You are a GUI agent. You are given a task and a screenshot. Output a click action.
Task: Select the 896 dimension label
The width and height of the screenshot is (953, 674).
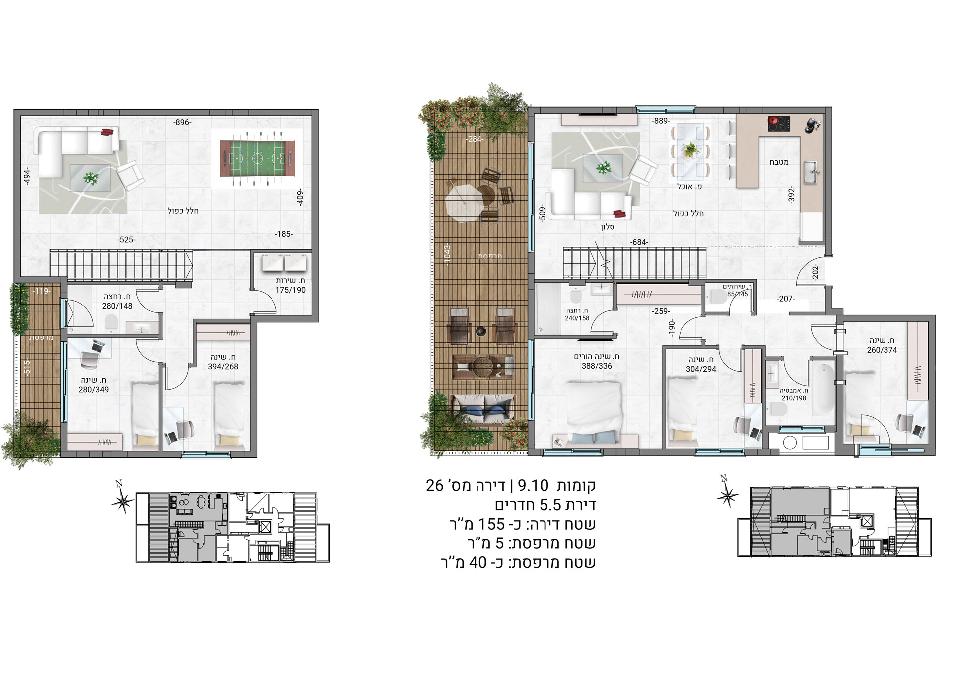[182, 122]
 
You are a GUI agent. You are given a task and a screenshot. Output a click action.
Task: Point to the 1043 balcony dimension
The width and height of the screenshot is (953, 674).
[447, 255]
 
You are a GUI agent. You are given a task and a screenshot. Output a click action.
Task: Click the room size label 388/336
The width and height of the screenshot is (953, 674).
[597, 366]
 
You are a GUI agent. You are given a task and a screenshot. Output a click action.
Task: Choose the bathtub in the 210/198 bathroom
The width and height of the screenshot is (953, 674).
[822, 390]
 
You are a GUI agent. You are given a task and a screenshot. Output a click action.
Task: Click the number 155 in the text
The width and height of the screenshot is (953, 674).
[491, 524]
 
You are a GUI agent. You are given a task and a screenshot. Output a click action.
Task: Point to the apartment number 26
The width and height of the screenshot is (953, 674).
[435, 485]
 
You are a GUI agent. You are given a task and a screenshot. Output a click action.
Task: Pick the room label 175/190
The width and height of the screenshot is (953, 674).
[291, 290]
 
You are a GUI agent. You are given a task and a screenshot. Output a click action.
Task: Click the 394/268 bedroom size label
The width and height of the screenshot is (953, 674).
[223, 367]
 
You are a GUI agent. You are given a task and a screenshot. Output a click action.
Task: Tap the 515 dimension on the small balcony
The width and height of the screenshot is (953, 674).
[27, 368]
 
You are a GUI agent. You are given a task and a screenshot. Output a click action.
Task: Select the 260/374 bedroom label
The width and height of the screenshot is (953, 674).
[882, 350]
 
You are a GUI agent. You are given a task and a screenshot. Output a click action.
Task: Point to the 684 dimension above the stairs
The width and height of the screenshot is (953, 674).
[639, 242]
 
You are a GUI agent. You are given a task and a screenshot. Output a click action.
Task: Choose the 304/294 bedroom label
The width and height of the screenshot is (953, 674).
[701, 369]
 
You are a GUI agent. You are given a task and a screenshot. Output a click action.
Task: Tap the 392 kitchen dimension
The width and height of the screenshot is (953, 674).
[791, 195]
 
